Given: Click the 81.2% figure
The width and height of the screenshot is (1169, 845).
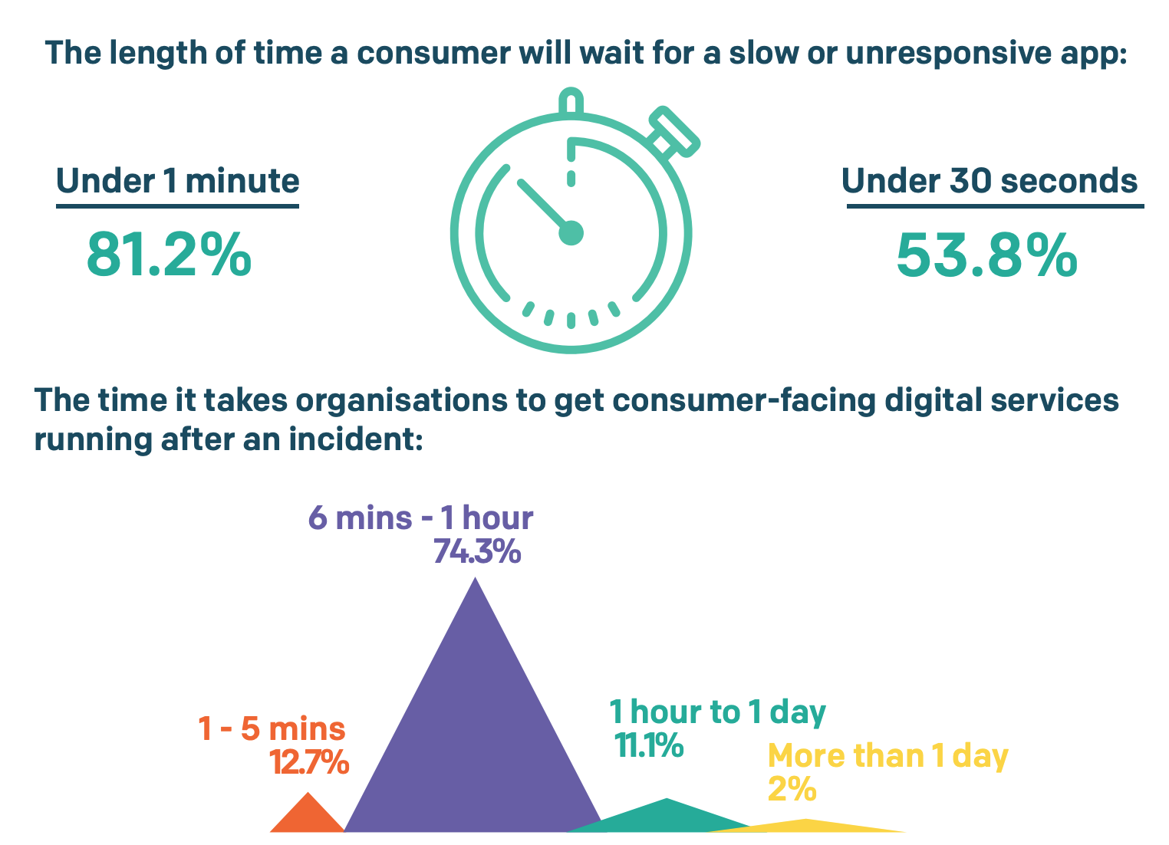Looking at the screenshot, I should [x=169, y=254].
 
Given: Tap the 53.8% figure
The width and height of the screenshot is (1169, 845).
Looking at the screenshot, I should [x=986, y=255].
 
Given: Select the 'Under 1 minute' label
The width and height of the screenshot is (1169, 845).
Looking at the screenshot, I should [x=177, y=182].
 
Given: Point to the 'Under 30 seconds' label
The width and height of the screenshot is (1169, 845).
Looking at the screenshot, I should [x=990, y=182].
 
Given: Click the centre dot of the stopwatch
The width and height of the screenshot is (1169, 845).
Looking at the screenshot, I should [x=571, y=232].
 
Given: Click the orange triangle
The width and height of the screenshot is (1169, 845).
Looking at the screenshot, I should [x=308, y=815].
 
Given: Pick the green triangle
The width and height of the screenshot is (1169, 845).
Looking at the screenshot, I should [x=666, y=817].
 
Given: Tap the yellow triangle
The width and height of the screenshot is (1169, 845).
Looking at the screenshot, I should [x=805, y=826].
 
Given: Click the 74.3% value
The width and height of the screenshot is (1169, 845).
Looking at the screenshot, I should [x=477, y=551].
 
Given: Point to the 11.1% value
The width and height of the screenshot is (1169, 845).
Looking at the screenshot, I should [x=649, y=745].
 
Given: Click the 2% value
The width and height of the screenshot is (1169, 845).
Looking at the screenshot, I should [x=792, y=789].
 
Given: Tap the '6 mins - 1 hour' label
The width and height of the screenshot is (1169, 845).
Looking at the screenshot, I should [x=420, y=518].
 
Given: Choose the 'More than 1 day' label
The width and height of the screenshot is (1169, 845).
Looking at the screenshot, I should [x=887, y=756].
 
